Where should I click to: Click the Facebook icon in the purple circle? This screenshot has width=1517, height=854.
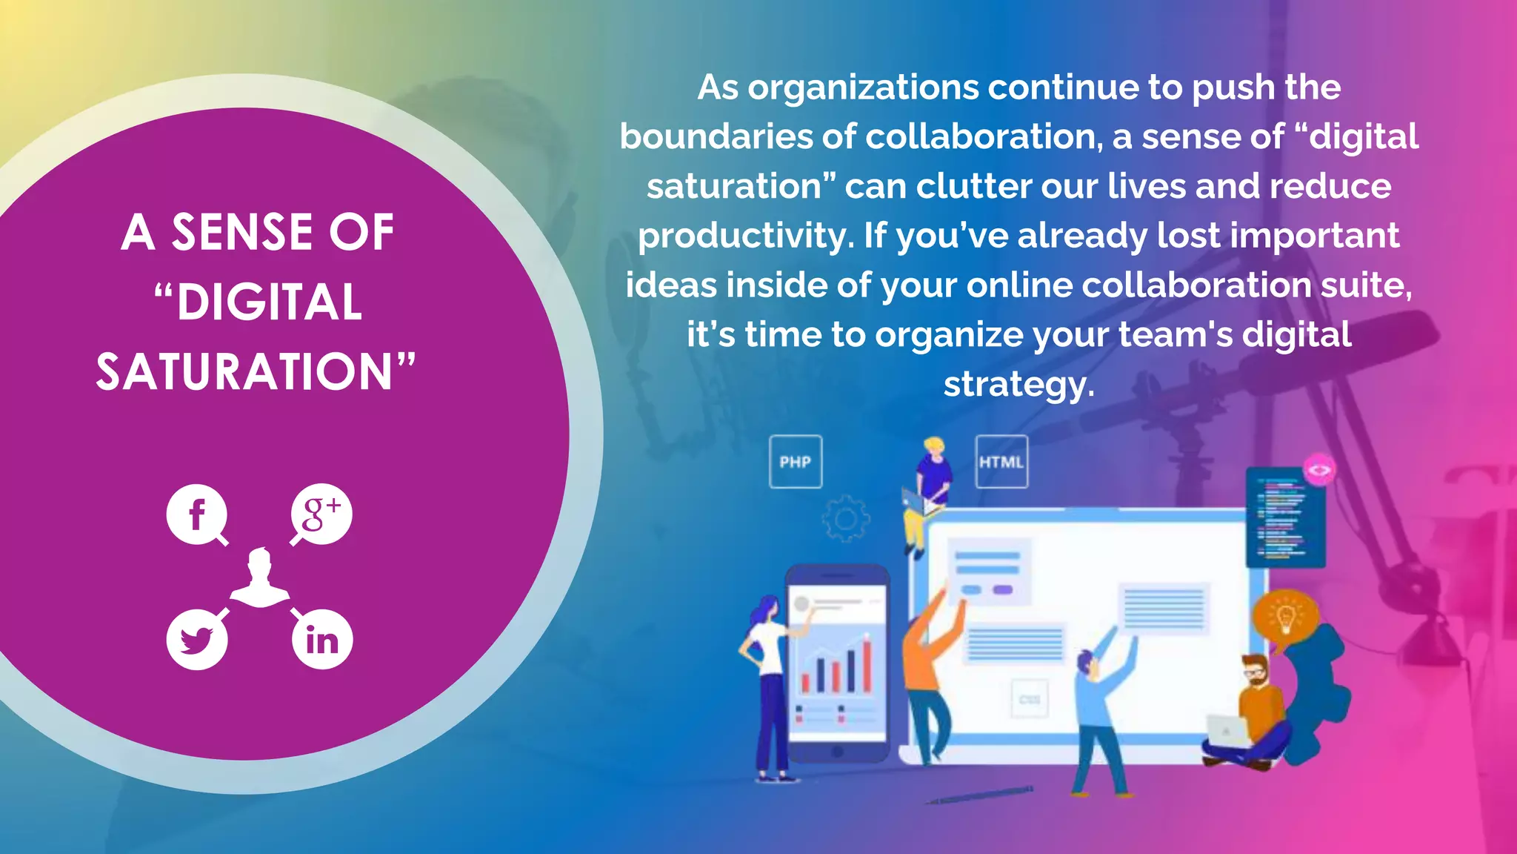click(196, 514)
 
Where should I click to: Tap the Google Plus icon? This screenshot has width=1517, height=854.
click(321, 514)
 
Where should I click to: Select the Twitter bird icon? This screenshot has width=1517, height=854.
click(196, 639)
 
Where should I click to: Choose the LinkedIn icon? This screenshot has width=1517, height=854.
click(321, 640)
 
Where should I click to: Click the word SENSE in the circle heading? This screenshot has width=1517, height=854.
click(242, 233)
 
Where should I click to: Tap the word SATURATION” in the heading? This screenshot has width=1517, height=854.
click(256, 372)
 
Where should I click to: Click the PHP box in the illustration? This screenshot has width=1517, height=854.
click(796, 462)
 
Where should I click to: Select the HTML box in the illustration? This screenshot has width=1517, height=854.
click(1001, 462)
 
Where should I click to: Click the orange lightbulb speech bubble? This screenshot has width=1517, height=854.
click(1285, 615)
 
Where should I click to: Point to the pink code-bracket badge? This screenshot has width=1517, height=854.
click(1319, 470)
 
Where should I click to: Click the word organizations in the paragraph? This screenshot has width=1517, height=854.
click(863, 87)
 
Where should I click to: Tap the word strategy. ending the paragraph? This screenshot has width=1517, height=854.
click(1018, 384)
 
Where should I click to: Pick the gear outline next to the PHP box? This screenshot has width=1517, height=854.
click(845, 518)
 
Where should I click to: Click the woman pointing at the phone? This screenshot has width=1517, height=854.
click(767, 682)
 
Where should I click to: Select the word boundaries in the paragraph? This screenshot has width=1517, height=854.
click(715, 137)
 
